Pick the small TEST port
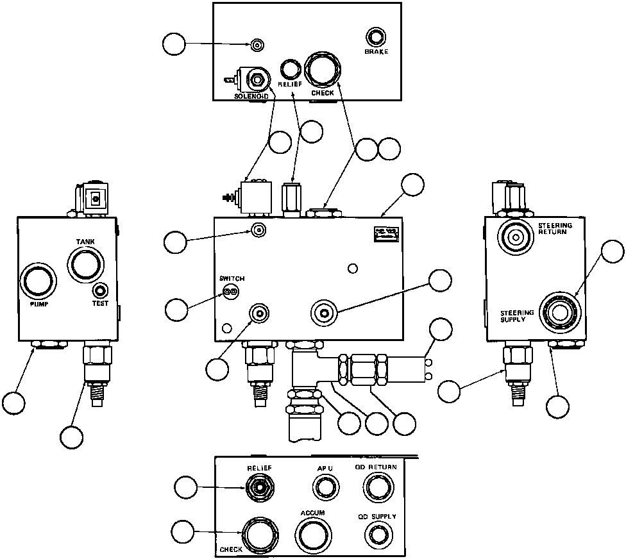pos(101,290)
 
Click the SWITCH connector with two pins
pos(230,292)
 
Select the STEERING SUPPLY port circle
pos(560,311)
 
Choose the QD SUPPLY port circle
pos(376,535)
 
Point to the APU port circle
pos(325,488)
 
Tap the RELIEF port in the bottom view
pos(260,488)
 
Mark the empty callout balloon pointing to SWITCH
pos(176,310)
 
